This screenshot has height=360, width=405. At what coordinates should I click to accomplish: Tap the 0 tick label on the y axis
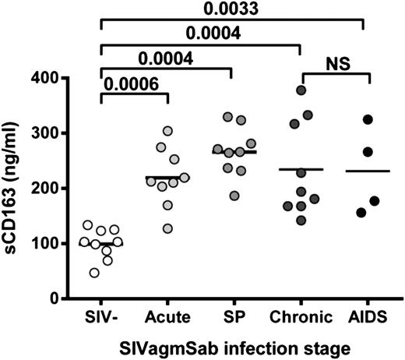56,298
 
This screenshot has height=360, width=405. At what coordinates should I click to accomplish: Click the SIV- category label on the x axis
100,318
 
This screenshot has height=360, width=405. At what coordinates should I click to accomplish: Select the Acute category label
166,318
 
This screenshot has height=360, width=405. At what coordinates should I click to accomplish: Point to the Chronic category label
301,318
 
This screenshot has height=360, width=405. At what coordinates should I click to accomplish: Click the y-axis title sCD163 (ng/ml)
13,188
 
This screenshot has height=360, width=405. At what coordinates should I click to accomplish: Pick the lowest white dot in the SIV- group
94,272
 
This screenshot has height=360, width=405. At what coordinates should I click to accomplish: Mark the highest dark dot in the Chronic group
301,90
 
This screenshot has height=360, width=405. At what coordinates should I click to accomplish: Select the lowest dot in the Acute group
167,228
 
